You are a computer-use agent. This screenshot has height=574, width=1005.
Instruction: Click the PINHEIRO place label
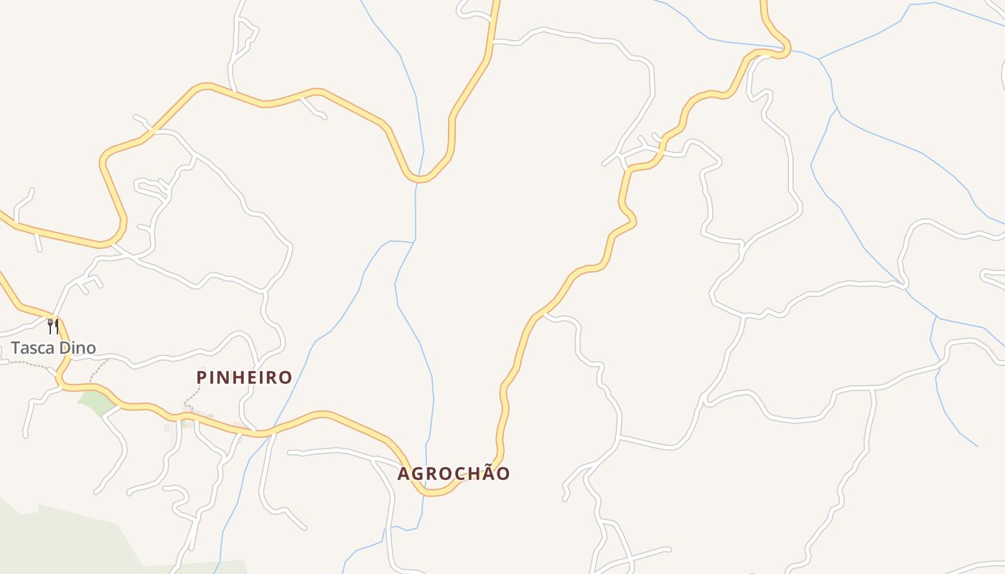[244, 377]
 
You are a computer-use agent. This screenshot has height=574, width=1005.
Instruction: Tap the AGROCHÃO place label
[454, 474]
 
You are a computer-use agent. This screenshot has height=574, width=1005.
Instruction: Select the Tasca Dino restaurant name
[53, 349]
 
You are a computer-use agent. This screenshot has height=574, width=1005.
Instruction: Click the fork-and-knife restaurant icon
[52, 327]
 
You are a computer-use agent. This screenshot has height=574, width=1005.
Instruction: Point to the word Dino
[78, 349]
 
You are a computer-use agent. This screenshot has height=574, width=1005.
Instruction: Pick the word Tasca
[33, 349]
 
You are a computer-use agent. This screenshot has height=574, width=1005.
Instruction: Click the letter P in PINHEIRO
[202, 377]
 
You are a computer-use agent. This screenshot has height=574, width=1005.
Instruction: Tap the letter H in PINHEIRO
[238, 377]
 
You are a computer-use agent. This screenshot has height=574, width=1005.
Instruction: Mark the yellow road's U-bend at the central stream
[419, 178]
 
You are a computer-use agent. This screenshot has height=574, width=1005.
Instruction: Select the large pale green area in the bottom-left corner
[65, 538]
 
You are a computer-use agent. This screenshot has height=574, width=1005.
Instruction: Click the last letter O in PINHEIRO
[285, 377]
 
